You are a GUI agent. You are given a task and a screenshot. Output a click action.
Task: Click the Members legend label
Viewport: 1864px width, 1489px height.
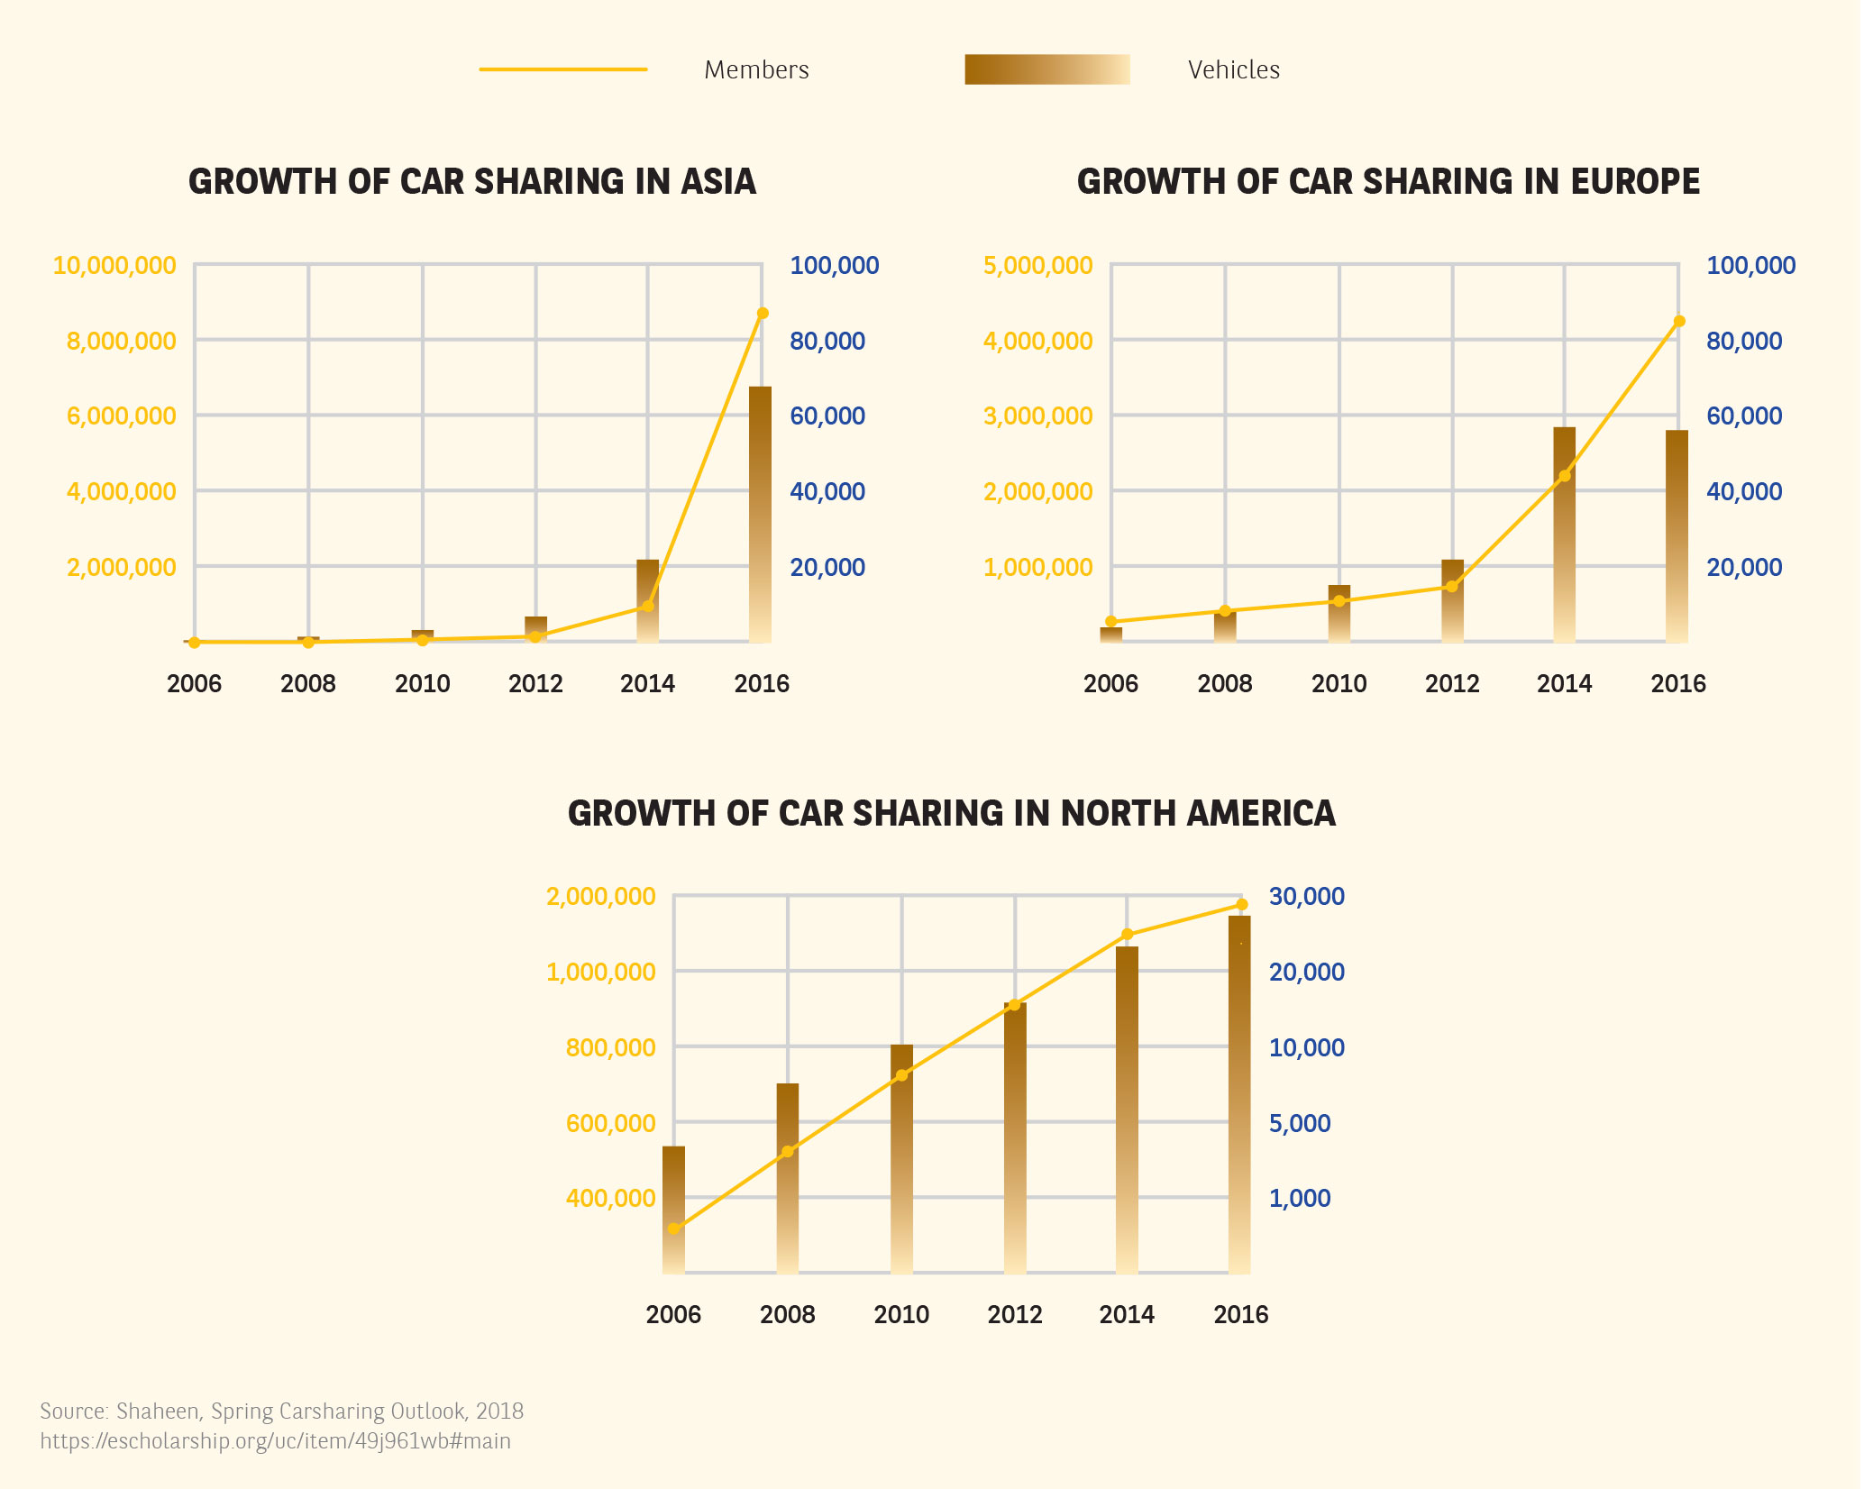coord(756,69)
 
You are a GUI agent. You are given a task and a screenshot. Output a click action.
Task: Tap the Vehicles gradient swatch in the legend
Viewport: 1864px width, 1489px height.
coord(1046,69)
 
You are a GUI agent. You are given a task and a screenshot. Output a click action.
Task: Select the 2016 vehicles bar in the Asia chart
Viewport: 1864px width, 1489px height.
coord(760,514)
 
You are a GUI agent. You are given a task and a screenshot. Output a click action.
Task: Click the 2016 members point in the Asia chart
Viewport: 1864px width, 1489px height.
coord(763,314)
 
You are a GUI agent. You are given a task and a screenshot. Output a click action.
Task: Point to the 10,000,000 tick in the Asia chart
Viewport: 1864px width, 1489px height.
coord(114,266)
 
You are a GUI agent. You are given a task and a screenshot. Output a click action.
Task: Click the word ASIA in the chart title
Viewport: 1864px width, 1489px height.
coord(718,182)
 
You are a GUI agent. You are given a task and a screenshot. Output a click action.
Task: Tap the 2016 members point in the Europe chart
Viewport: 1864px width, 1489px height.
coord(1679,322)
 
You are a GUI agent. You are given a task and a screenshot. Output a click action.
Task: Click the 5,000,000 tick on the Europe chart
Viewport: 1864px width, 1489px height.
coord(1037,266)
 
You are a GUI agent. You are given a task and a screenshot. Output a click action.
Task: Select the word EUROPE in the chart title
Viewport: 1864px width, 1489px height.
coord(1635,182)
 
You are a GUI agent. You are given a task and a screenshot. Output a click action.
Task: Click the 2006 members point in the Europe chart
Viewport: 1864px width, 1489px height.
coord(1111,621)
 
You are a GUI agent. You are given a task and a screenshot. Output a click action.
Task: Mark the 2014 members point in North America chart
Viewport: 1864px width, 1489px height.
coord(1127,935)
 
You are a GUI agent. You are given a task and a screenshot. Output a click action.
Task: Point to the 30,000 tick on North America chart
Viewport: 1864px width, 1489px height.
coord(1306,897)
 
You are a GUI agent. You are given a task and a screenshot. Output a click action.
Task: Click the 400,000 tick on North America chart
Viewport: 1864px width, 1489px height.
coord(610,1199)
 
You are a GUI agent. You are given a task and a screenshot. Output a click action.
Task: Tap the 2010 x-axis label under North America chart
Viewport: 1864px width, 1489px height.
coord(901,1315)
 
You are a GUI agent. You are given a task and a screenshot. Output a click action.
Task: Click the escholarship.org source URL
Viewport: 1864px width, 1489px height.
coord(275,1441)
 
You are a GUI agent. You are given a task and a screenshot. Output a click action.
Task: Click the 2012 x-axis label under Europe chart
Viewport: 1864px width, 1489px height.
coord(1452,684)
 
